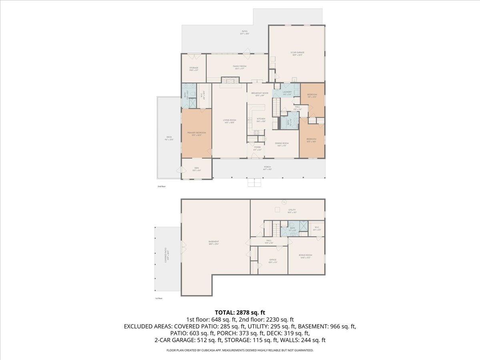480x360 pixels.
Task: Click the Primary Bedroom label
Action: [196, 133]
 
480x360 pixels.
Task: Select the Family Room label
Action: [240, 66]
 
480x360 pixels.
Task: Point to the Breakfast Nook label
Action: [260, 93]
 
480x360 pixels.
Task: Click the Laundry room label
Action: [287, 92]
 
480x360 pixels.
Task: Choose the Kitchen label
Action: [261, 119]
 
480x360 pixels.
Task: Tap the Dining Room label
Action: [282, 143]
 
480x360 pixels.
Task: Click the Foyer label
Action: [257, 148]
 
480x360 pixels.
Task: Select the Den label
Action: [196, 168]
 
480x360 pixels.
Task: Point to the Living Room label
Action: [230, 120]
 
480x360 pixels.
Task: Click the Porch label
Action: [267, 167]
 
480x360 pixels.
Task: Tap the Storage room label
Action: [194, 68]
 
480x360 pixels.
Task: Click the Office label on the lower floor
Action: [273, 260]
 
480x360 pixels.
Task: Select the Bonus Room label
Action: [305, 255]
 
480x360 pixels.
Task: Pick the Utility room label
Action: [292, 210]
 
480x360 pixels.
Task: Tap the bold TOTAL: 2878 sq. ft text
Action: [240, 312]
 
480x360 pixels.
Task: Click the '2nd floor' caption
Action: [161, 186]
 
